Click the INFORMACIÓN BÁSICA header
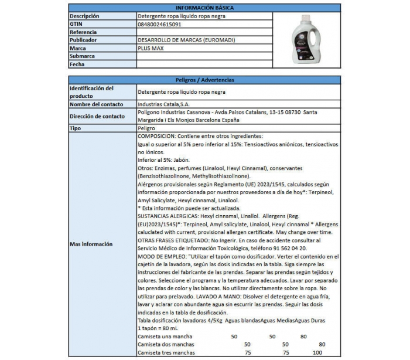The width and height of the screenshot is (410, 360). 204,8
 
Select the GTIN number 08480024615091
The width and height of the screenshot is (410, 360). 159,24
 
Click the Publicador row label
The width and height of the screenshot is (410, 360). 86,40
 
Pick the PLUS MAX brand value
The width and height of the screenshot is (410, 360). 153,48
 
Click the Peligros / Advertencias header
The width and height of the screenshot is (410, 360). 204,80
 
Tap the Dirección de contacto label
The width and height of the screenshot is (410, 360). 97,116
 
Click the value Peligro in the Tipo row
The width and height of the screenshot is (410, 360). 147,127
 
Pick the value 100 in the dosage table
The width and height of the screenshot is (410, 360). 317,354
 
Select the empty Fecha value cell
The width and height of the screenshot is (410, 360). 204,64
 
